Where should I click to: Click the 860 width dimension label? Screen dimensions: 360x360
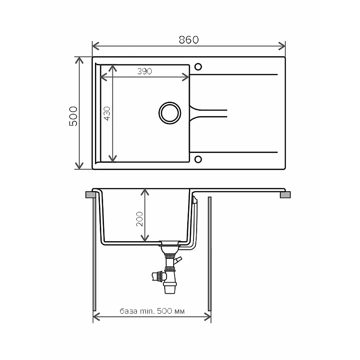tap(189, 40)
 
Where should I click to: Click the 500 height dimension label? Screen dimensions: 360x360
tap(73, 116)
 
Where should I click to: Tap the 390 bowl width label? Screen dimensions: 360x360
tap(144, 71)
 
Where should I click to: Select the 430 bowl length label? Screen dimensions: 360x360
tap(107, 113)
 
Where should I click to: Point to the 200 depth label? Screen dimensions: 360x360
tap(139, 219)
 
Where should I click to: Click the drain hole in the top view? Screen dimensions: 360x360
tap(170, 113)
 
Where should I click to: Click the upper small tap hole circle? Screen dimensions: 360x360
tap(198, 67)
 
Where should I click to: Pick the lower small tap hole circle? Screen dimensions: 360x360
tap(198, 159)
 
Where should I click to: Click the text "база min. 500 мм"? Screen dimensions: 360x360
tap(152, 311)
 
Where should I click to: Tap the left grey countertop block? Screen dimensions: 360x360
tap(91, 195)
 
